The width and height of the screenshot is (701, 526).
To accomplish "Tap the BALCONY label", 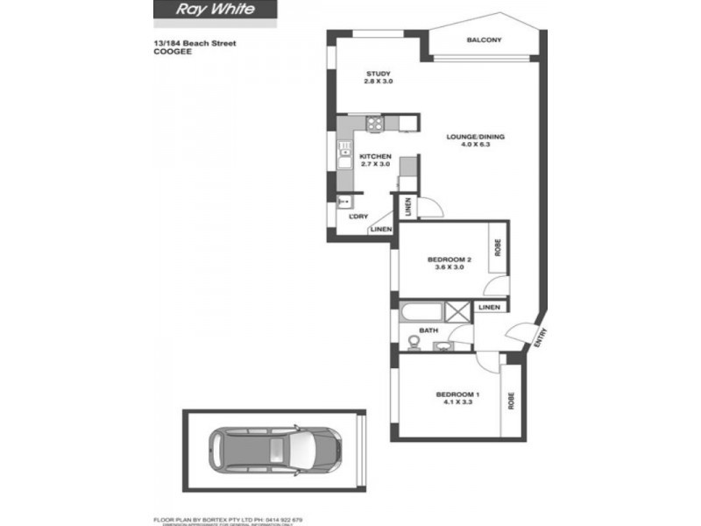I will click(484, 41).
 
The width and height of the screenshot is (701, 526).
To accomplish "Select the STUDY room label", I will click(378, 74).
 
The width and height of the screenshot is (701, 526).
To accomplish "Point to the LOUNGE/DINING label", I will click(475, 137).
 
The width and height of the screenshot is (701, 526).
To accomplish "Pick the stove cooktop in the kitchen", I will click(374, 124).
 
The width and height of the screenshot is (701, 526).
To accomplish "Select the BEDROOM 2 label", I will click(450, 259).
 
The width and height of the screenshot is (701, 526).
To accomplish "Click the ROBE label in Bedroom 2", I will click(497, 248).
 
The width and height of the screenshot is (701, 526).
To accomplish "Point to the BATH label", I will click(428, 331).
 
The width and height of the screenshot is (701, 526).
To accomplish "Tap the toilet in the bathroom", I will click(413, 343).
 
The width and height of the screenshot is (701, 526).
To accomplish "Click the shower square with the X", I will click(457, 311).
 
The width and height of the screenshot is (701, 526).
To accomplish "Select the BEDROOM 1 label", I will click(458, 395).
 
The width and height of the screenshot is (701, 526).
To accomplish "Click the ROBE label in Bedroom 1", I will click(511, 400).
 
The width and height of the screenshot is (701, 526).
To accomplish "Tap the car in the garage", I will click(277, 450).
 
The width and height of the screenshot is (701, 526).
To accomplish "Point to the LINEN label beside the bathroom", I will click(490, 308).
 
